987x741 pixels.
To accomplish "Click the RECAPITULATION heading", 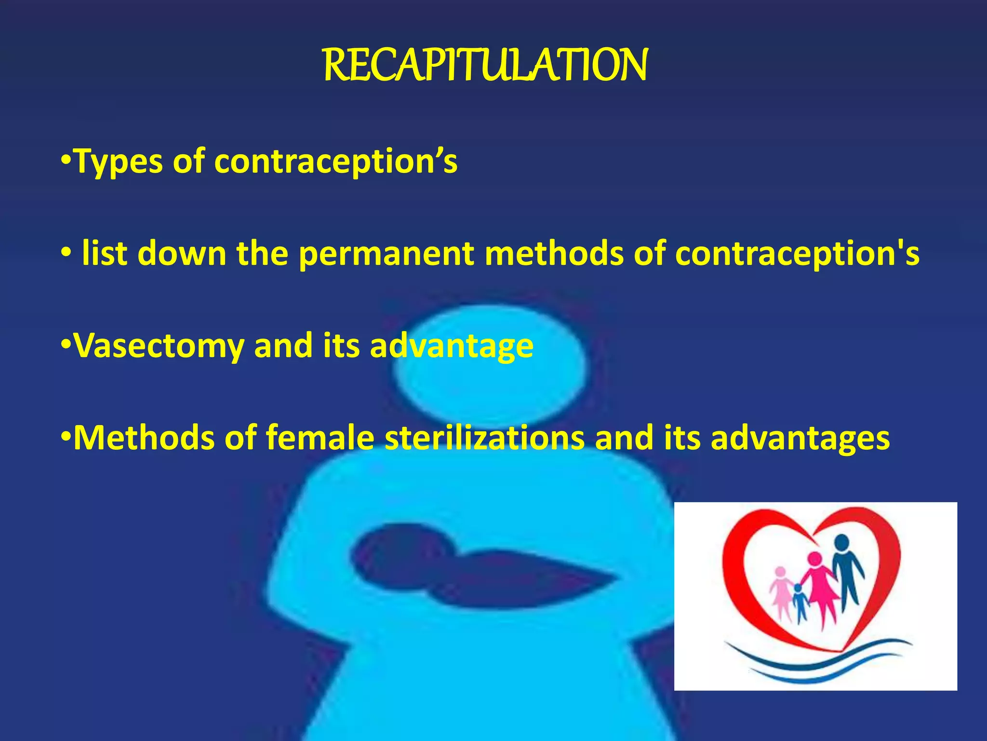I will [485, 66].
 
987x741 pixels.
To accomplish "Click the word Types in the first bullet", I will [119, 162].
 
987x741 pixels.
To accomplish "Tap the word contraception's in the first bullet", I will [335, 162].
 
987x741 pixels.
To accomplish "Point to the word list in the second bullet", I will [105, 253].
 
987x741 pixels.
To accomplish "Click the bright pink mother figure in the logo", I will [818, 586].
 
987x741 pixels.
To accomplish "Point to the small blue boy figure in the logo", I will [800, 603].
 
